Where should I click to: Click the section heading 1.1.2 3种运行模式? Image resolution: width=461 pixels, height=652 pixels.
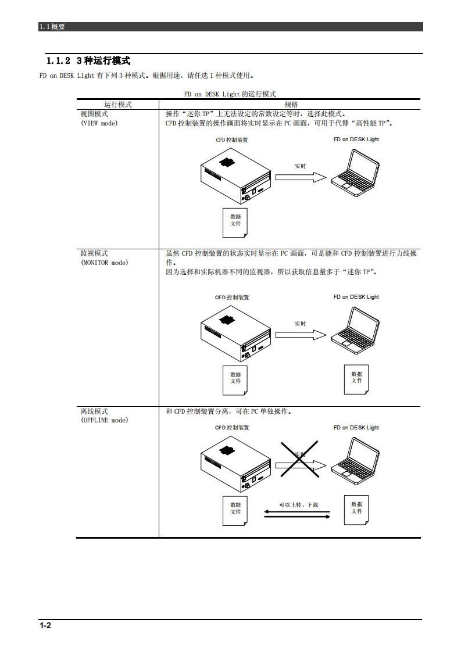[x=88, y=61]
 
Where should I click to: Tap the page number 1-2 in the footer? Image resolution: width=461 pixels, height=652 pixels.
[x=45, y=626]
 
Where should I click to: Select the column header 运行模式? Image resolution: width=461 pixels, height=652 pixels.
[x=117, y=105]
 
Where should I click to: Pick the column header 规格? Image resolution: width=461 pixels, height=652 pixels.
[x=291, y=105]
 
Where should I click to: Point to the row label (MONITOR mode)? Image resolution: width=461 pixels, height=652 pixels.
[x=105, y=263]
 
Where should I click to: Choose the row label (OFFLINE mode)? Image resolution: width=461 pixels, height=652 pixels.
[x=105, y=420]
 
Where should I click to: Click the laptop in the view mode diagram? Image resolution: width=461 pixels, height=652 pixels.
[x=355, y=170]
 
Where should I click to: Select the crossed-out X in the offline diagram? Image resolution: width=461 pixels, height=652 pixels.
[x=300, y=458]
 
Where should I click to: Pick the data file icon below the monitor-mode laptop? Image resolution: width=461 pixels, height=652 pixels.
[x=356, y=378]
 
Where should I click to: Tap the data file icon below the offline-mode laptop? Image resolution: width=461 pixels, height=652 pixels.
[x=356, y=508]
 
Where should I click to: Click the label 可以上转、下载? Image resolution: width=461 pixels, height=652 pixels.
[x=298, y=504]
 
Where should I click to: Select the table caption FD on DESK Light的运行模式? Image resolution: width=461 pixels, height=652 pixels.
[x=230, y=94]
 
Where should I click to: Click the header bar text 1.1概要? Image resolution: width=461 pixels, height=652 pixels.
[x=52, y=27]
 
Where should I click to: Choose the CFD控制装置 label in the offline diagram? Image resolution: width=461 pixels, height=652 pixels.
[x=232, y=428]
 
